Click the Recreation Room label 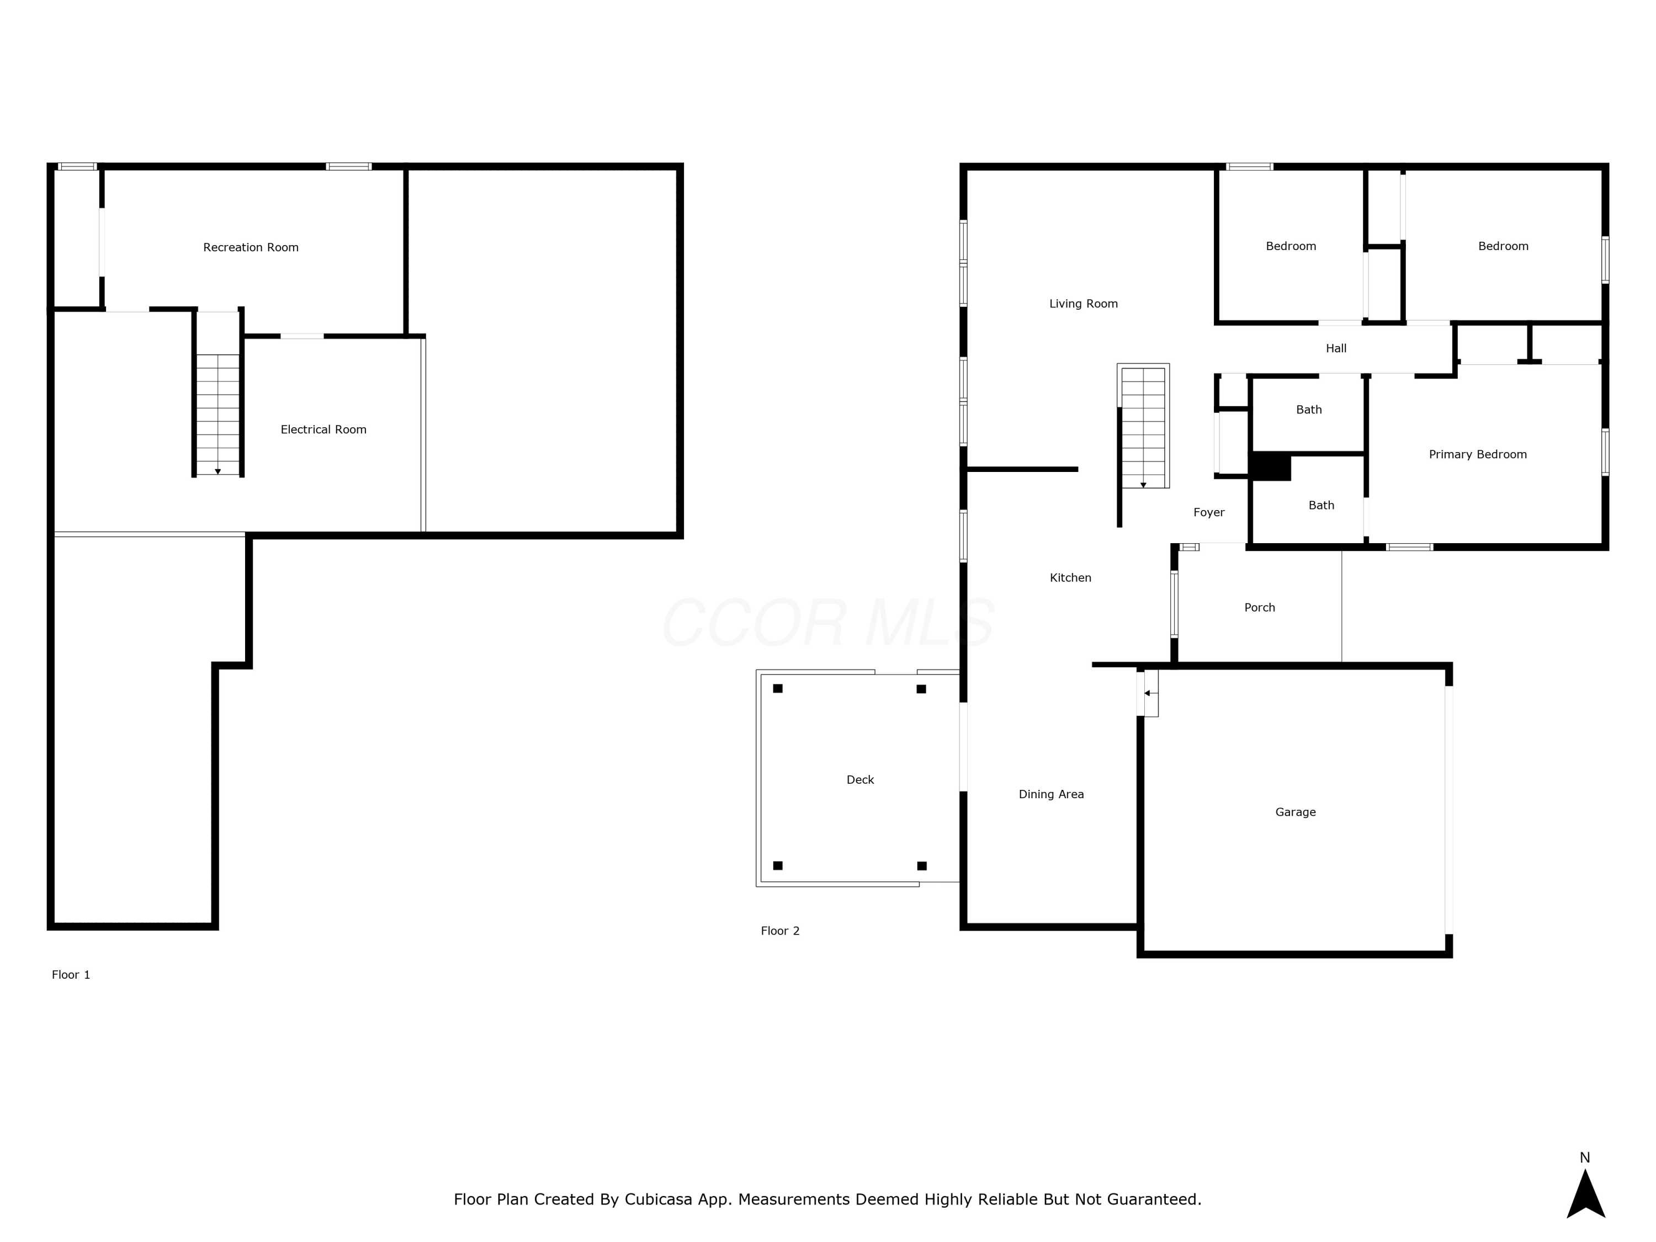tap(251, 247)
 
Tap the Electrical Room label tap(323, 429)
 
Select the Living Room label tap(1083, 303)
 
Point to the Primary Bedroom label tap(1478, 454)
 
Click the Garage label tap(1295, 811)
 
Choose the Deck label tap(860, 779)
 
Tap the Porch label tap(1259, 607)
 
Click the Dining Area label tap(1051, 794)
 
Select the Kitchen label tap(1070, 577)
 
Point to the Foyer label tap(1209, 512)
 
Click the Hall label tap(1336, 348)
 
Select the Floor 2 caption tap(780, 931)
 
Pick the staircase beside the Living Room tap(1143, 427)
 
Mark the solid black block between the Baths tap(1271, 466)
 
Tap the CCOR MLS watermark tap(828, 622)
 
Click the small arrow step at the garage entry tap(1148, 693)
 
